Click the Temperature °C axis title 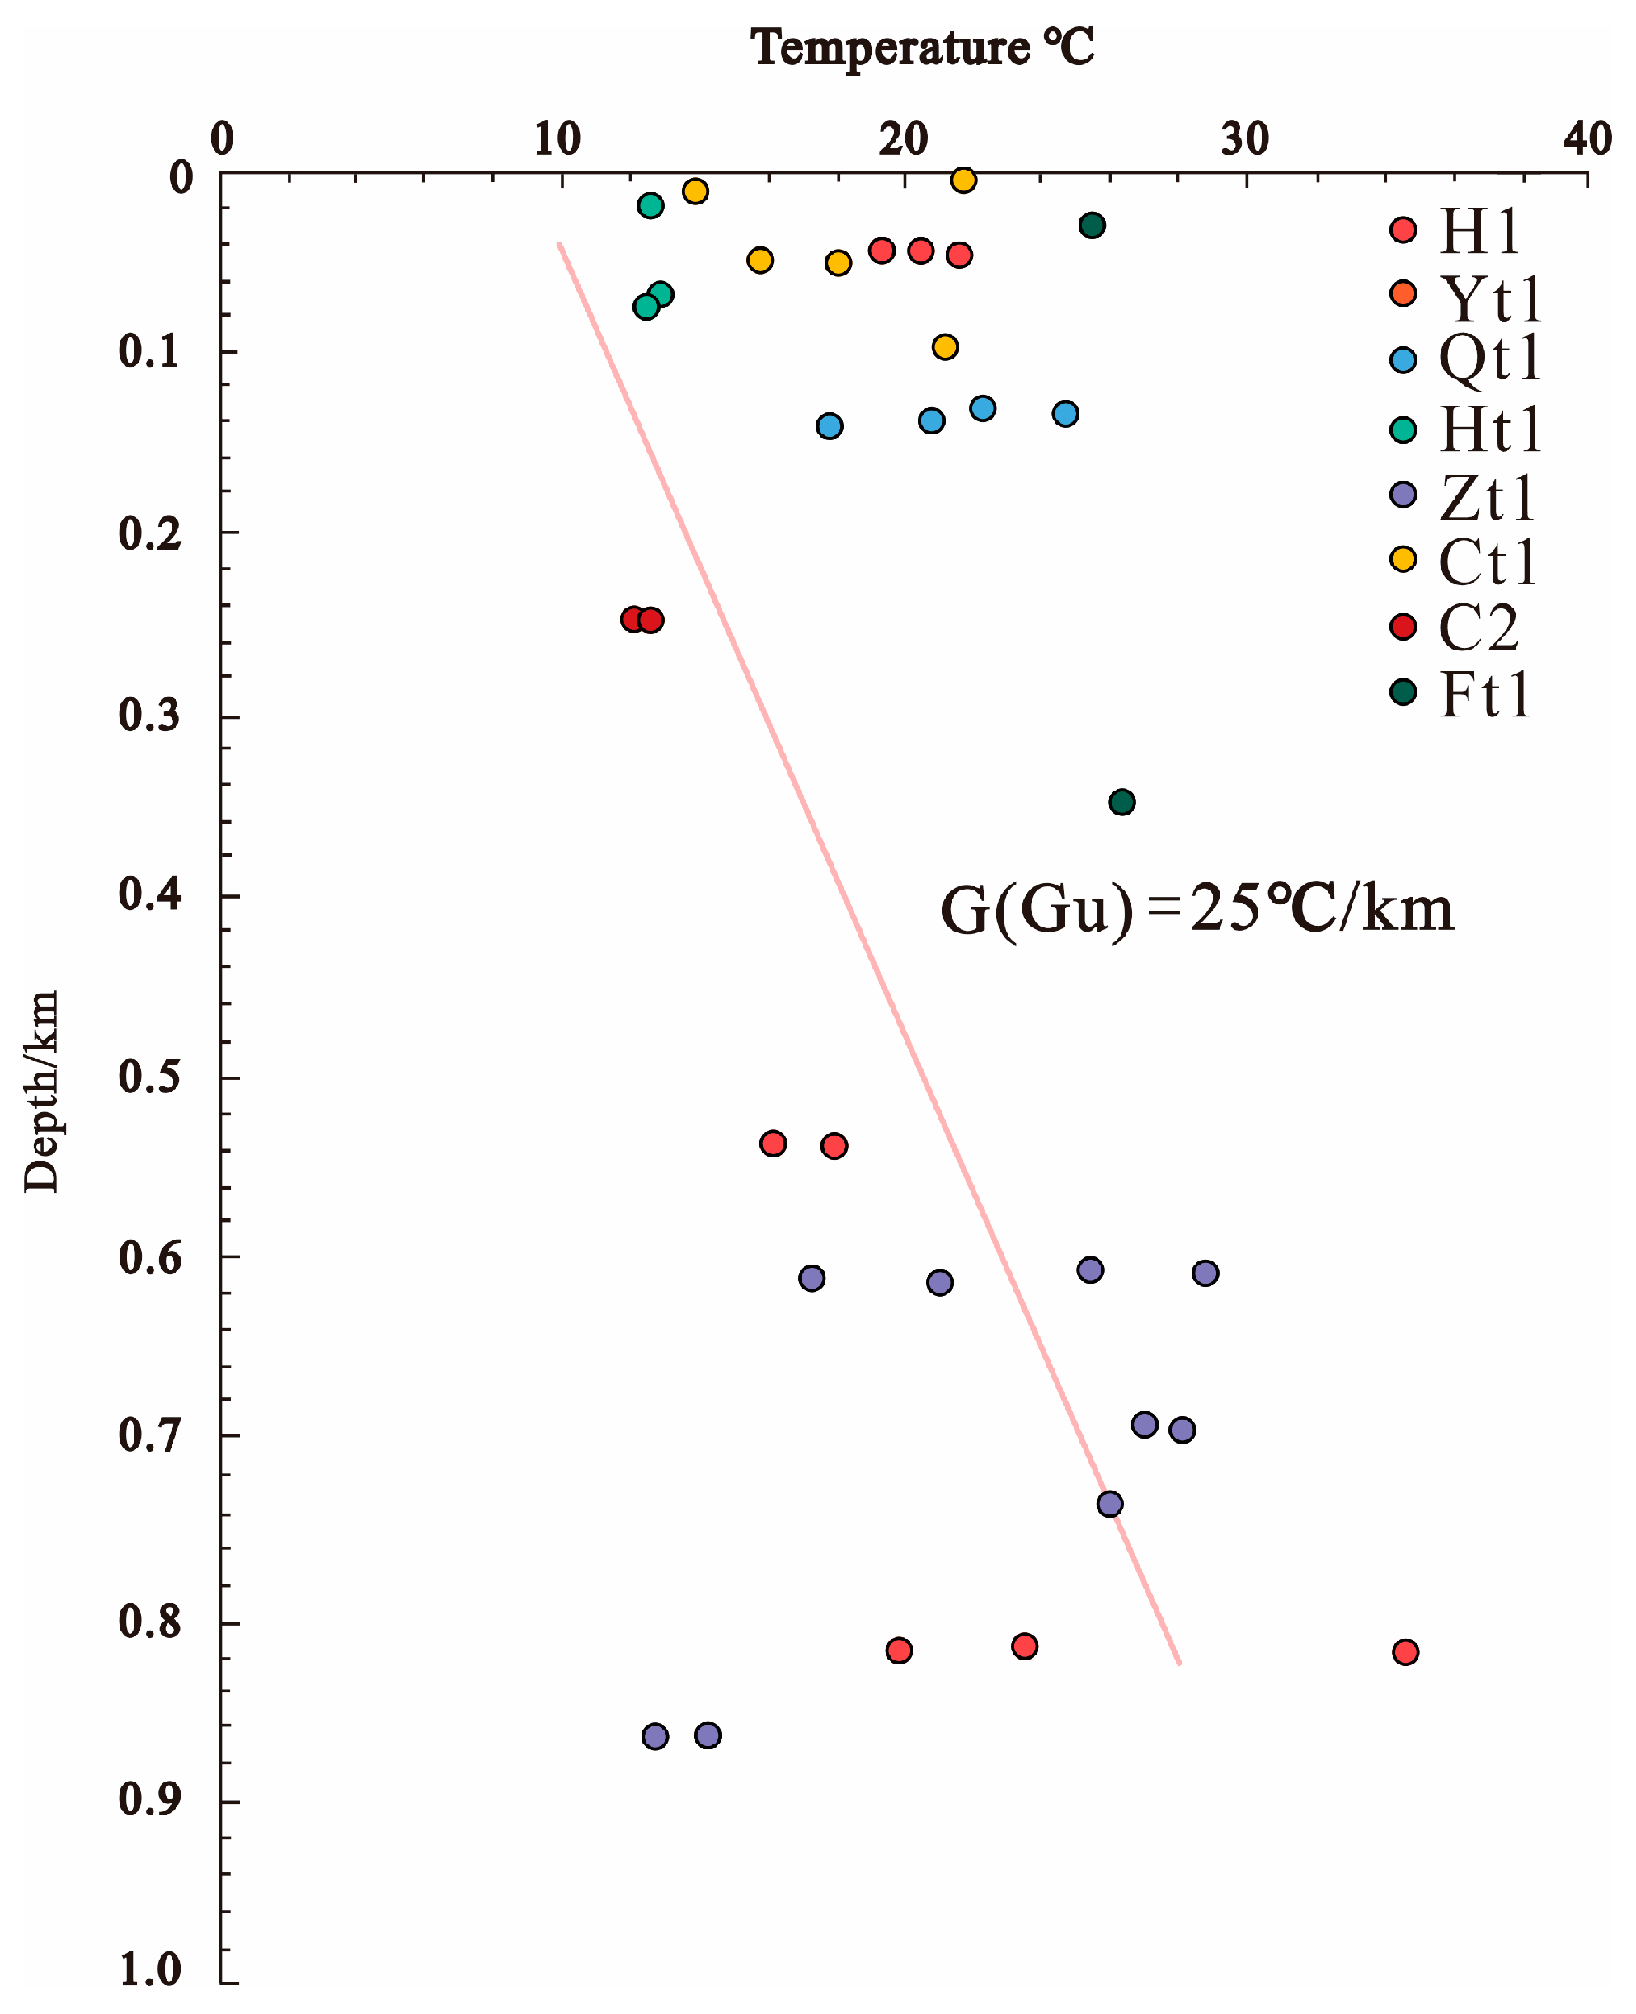pyautogui.click(x=922, y=47)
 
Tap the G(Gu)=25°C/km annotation pyautogui.click(x=1196, y=911)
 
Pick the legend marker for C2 pyautogui.click(x=1403, y=627)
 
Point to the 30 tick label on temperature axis pyautogui.click(x=1245, y=139)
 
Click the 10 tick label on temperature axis pyautogui.click(x=557, y=139)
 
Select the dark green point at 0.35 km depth pyautogui.click(x=1121, y=803)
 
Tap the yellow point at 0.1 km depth pyautogui.click(x=945, y=348)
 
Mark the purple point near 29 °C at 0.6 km pyautogui.click(x=1206, y=1274)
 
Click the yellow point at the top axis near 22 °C pyautogui.click(x=963, y=180)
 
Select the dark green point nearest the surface pyautogui.click(x=1093, y=225)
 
